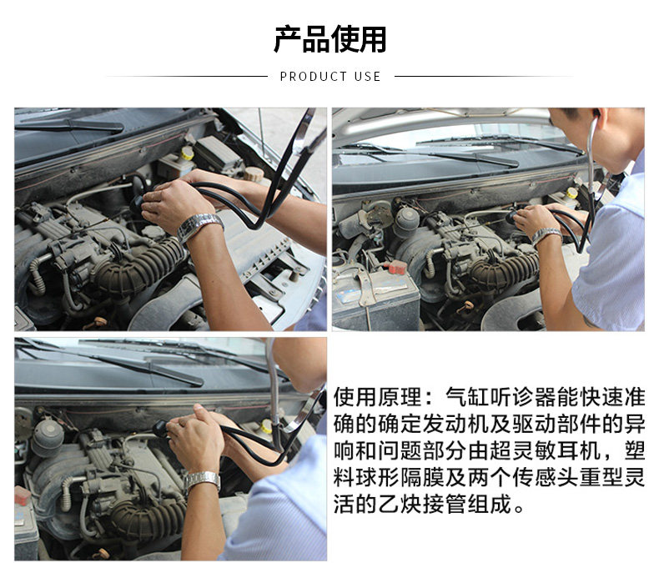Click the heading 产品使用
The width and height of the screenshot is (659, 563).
point(330,39)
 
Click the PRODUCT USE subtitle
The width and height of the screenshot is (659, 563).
point(330,77)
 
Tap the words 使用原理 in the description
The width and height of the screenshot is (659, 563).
point(377,397)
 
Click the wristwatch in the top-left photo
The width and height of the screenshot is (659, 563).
point(200,227)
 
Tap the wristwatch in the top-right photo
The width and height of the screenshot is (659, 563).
point(546,236)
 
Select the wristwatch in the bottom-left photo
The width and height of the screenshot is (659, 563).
point(202,480)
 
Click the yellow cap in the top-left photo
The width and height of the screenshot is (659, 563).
point(188,153)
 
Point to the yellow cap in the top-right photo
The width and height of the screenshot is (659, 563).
point(571,193)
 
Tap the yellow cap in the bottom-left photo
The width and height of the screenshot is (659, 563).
point(266,426)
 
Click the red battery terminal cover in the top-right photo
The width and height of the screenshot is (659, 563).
point(397,267)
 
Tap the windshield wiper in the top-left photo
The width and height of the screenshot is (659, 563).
point(69,124)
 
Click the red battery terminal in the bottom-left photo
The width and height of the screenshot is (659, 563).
point(23,495)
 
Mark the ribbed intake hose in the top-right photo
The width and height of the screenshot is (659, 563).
point(505,268)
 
